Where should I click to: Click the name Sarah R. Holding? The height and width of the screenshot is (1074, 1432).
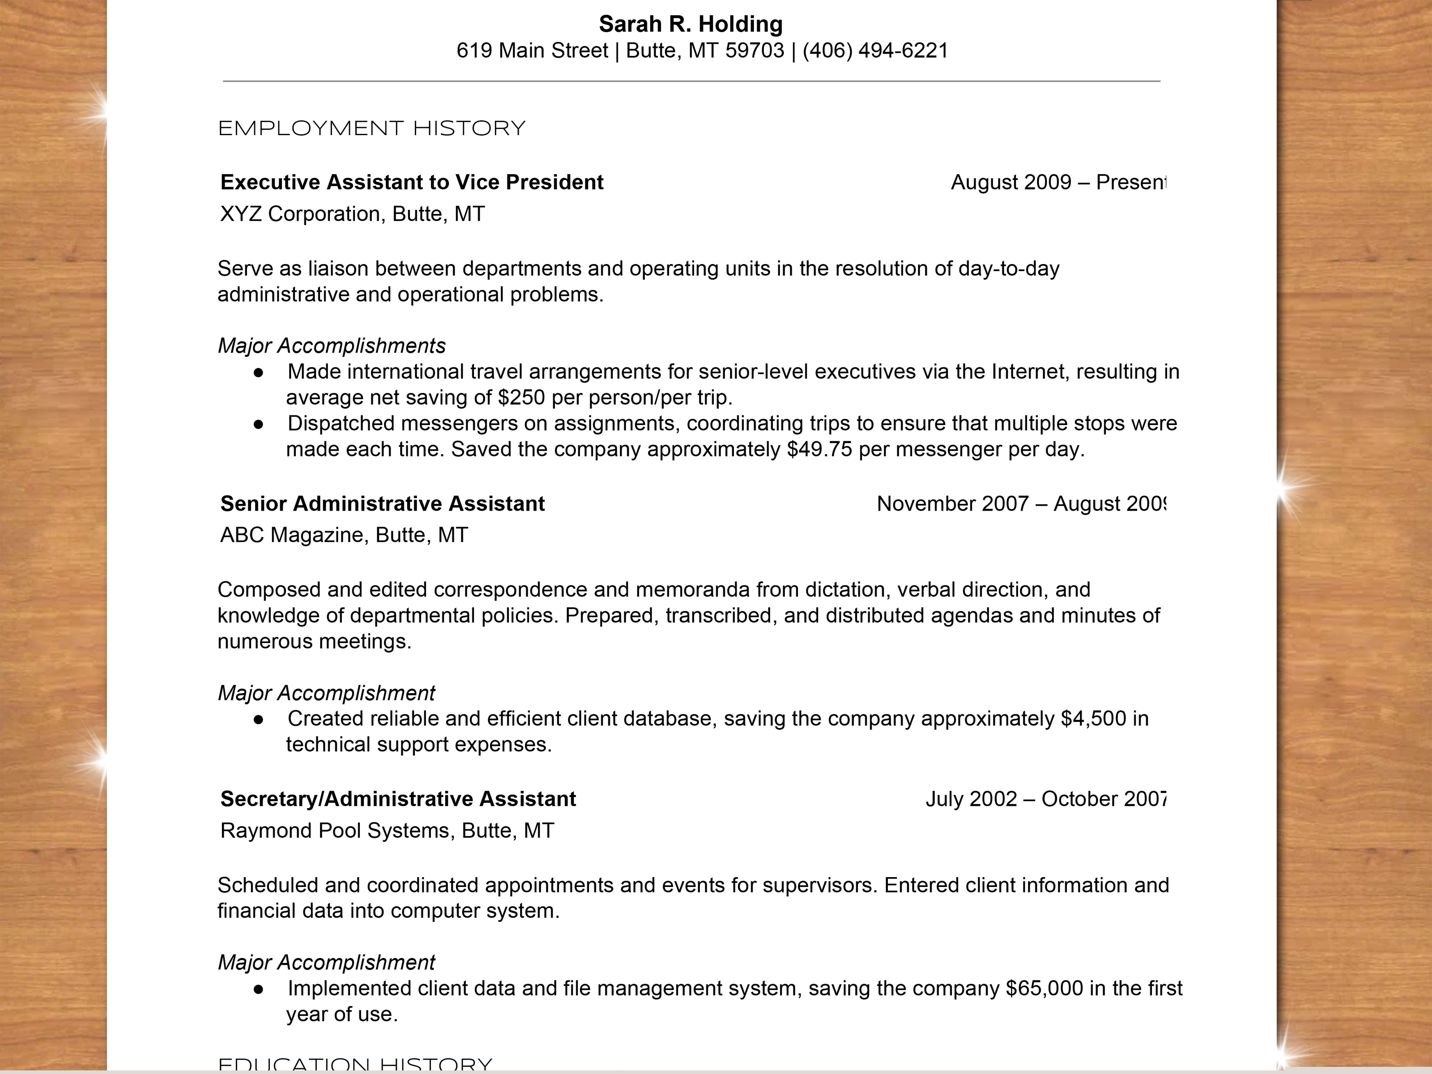[x=690, y=24]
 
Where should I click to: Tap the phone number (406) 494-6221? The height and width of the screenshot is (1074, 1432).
[x=875, y=51]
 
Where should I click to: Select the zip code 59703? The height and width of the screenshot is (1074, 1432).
[x=754, y=51]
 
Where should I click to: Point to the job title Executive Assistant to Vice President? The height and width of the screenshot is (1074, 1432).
[x=412, y=182]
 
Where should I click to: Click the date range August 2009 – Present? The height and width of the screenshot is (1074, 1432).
[x=1058, y=182]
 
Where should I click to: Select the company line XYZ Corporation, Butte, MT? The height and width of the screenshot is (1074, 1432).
[x=352, y=213]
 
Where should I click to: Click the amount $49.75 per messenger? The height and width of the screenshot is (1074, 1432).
[x=819, y=449]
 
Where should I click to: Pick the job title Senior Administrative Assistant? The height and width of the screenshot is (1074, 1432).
[x=382, y=503]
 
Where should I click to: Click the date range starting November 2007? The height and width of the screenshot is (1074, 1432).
[x=1020, y=503]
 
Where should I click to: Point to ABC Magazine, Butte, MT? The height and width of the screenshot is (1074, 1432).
[x=344, y=535]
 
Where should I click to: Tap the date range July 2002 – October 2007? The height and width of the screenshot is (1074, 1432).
[x=1045, y=798]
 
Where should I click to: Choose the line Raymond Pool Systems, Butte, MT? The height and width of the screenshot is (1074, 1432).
[x=387, y=830]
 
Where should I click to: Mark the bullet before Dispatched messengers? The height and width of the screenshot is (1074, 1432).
[x=258, y=424]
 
